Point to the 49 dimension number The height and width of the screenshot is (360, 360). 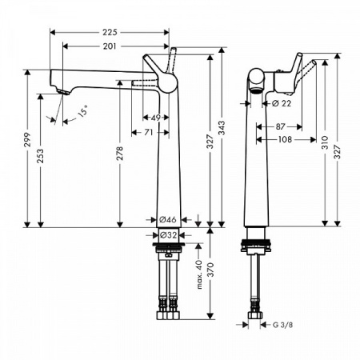tap(156, 118)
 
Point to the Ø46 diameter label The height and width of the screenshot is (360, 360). tap(166, 218)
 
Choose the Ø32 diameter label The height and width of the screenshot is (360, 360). tap(166, 235)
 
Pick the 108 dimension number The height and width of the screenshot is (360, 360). tap(285, 139)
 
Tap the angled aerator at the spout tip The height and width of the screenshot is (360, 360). tap(61, 94)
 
